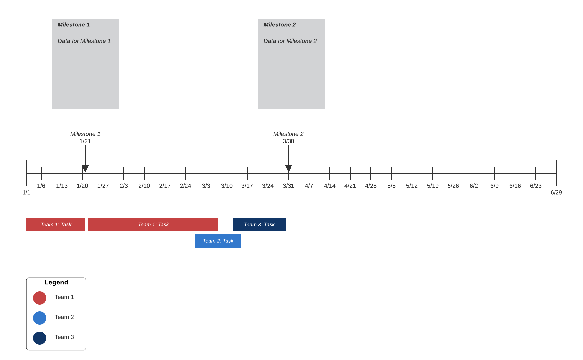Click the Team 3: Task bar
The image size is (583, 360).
tap(259, 225)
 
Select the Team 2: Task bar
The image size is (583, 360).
tap(218, 241)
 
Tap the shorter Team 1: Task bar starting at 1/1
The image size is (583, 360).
tap(56, 225)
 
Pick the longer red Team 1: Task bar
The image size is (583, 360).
tap(153, 225)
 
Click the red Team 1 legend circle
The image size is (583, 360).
tap(40, 298)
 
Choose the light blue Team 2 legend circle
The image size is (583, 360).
tap(40, 318)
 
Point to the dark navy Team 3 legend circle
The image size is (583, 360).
tap(40, 338)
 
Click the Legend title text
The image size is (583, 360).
tap(56, 283)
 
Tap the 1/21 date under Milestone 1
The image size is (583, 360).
tap(85, 141)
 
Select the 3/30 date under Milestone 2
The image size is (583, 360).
tap(289, 141)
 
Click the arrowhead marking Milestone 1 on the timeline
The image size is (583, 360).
tap(85, 168)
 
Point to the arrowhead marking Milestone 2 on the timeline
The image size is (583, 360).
tap(289, 168)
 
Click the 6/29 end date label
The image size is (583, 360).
tap(556, 193)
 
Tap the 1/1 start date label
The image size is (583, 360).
tap(26, 193)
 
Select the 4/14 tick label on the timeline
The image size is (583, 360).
tap(330, 186)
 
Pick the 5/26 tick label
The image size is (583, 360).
tap(453, 186)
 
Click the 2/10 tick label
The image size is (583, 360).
tap(144, 186)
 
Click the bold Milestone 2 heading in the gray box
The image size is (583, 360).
tap(280, 25)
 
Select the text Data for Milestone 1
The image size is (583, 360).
tap(84, 41)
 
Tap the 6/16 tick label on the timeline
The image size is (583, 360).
tap(515, 186)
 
